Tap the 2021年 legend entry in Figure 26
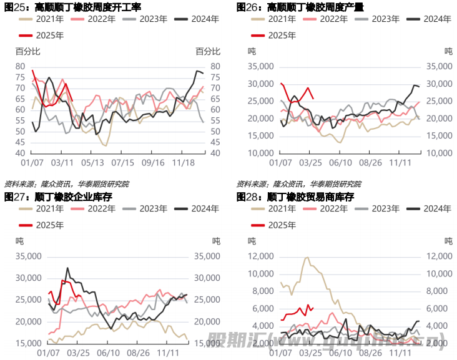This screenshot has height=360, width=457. [275, 19]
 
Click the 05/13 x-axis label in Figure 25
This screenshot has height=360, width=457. [92, 162]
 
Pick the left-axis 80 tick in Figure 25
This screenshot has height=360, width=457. [20, 66]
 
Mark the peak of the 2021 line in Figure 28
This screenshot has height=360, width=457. [307, 257]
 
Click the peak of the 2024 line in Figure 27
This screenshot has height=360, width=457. [67, 268]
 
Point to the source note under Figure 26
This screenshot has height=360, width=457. [298, 184]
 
